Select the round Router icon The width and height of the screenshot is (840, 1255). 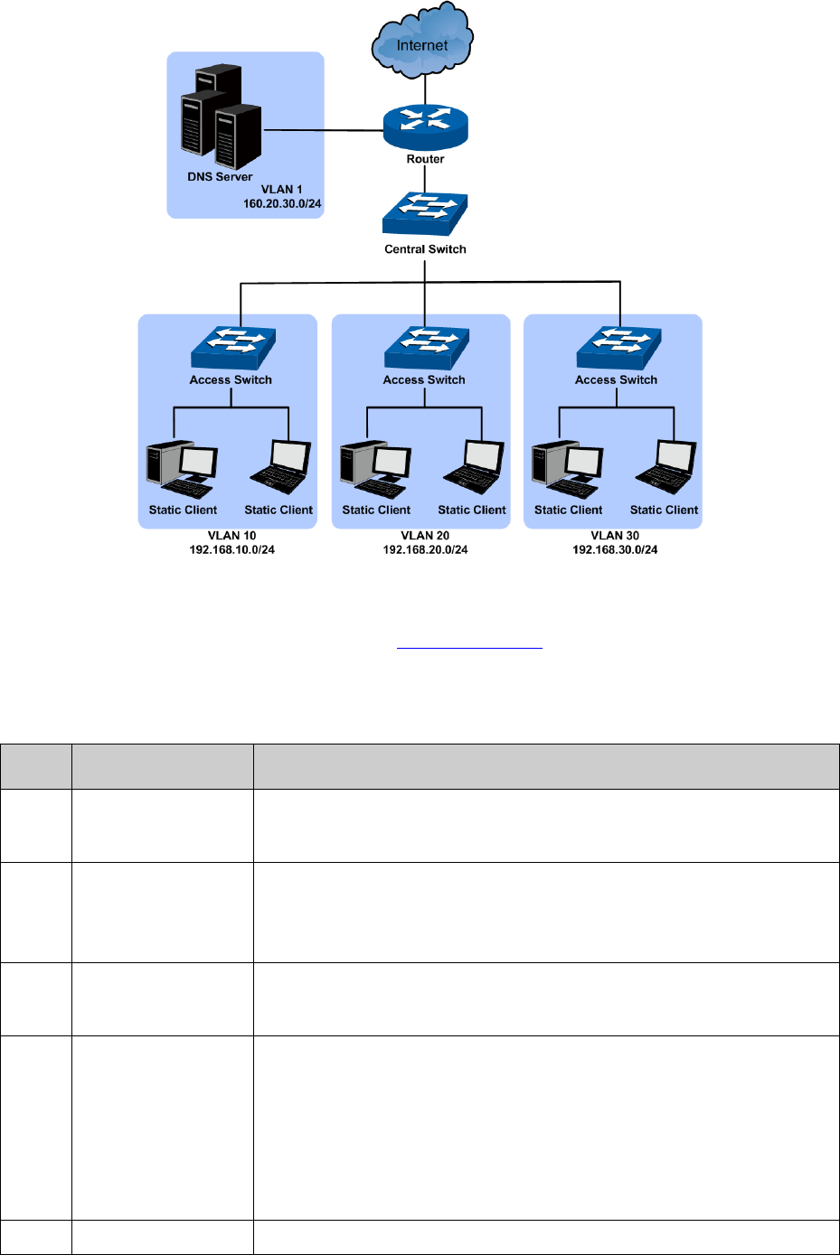pos(425,127)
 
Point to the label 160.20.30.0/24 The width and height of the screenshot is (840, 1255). pos(282,204)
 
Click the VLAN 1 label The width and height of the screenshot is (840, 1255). pos(282,190)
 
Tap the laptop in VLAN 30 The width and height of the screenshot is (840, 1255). pos(666,467)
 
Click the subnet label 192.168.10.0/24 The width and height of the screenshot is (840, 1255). pos(232,550)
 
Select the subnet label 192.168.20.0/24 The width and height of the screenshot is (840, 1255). pos(425,550)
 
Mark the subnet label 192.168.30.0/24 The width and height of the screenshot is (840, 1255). pos(615,550)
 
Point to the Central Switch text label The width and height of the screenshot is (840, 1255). pos(425,249)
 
